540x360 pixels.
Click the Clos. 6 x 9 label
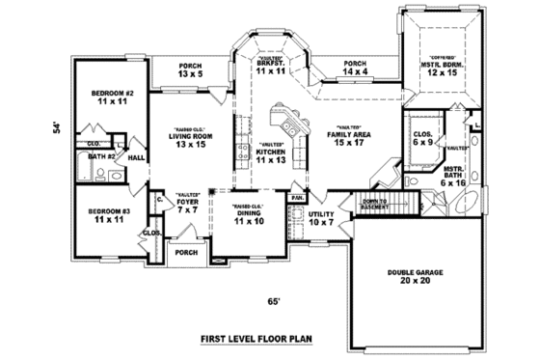tap(422, 138)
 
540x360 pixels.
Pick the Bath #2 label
tap(101, 156)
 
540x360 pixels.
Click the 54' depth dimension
tap(56, 128)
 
